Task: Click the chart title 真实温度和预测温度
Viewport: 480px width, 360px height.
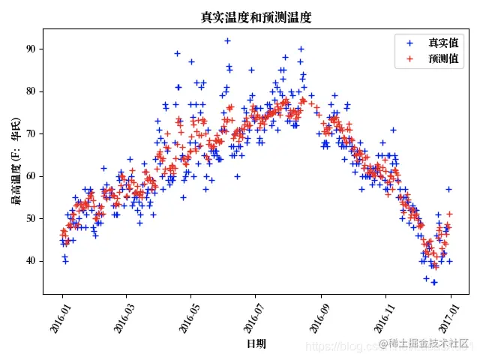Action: coord(256,17)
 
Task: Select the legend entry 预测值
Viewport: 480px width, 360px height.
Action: coord(443,58)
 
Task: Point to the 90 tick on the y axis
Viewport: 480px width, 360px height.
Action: coord(30,49)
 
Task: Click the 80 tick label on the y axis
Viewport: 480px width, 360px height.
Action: coord(30,91)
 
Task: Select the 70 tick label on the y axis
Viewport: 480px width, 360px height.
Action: coord(30,133)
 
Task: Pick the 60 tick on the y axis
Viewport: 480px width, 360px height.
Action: coord(30,176)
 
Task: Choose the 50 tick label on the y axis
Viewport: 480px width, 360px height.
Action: coord(30,218)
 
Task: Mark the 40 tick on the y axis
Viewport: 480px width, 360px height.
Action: coord(30,261)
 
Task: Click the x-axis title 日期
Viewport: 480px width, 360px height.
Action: coord(256,343)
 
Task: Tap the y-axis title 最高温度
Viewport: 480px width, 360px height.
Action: coord(15,161)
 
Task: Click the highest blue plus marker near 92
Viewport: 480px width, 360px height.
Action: coord(227,40)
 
